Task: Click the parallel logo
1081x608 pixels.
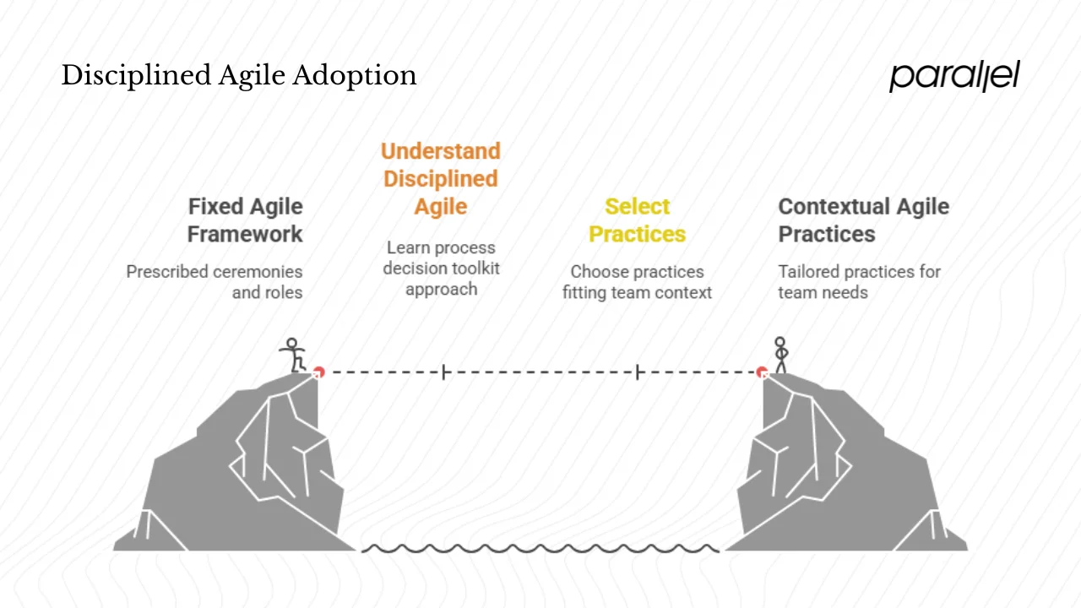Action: (954, 76)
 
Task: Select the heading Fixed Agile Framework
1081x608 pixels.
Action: (245, 220)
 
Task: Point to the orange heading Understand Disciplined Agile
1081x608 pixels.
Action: (440, 179)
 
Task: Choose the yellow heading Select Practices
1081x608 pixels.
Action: (637, 220)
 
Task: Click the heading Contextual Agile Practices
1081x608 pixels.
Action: (863, 220)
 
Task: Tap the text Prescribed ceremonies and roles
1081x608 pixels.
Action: (215, 282)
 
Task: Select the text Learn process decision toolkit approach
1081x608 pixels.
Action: (441, 269)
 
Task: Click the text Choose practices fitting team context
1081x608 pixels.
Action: (637, 282)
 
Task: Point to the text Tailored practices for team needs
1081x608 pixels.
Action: (858, 282)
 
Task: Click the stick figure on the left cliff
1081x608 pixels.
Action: (293, 356)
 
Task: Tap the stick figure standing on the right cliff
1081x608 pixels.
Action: (780, 355)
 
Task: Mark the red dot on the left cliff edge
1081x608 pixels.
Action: (318, 372)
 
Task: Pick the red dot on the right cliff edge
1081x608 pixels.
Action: (762, 372)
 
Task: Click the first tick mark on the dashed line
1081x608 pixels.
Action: (443, 372)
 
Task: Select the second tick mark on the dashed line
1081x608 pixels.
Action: (638, 372)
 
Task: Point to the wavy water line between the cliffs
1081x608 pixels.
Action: (540, 549)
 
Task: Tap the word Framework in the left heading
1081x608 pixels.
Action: (245, 234)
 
